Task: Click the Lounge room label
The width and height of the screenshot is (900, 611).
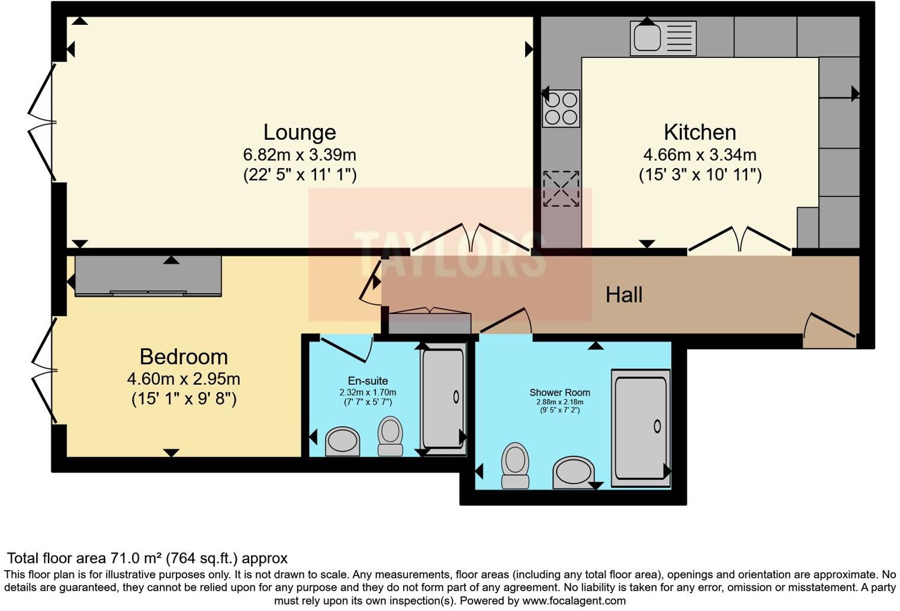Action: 300,133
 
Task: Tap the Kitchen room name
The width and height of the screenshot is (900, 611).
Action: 700,133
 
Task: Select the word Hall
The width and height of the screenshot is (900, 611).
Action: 624,295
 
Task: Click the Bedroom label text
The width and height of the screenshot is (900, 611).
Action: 184,357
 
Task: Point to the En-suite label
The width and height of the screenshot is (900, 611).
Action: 368,381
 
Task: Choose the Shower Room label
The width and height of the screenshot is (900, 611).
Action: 560,393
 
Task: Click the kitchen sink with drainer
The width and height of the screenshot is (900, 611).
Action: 663,38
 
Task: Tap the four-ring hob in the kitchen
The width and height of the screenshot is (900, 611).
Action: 561,108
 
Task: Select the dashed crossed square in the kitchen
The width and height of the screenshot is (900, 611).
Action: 561,189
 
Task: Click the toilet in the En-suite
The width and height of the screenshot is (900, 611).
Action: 390,436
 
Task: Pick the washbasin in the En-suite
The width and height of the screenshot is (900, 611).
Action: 342,441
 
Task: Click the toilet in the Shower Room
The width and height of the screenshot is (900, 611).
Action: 516,465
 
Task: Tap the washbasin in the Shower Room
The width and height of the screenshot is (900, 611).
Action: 573,472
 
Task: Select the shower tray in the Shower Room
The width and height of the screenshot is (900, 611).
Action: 641,428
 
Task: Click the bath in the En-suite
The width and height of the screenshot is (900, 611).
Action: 443,399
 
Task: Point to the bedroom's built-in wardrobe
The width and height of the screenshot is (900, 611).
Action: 148,276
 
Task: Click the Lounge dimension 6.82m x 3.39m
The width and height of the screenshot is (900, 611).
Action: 300,155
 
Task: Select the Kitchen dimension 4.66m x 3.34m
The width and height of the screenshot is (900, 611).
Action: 700,155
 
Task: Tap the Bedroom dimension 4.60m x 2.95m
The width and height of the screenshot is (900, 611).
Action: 184,379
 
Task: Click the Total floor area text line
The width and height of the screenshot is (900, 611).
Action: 147,558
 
